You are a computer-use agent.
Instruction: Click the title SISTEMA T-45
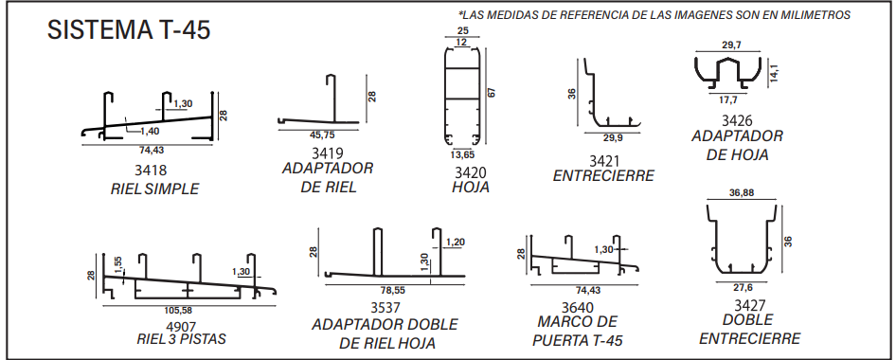point(129,29)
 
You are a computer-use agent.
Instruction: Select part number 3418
point(151,171)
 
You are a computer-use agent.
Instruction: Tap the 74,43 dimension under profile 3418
point(151,151)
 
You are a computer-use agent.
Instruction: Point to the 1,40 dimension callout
point(150,131)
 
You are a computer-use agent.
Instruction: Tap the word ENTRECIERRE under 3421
point(603,176)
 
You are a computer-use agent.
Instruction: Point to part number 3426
point(737,121)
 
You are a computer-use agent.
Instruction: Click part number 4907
point(181,326)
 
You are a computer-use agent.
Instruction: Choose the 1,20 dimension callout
point(455,243)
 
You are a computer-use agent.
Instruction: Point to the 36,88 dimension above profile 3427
point(742,193)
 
